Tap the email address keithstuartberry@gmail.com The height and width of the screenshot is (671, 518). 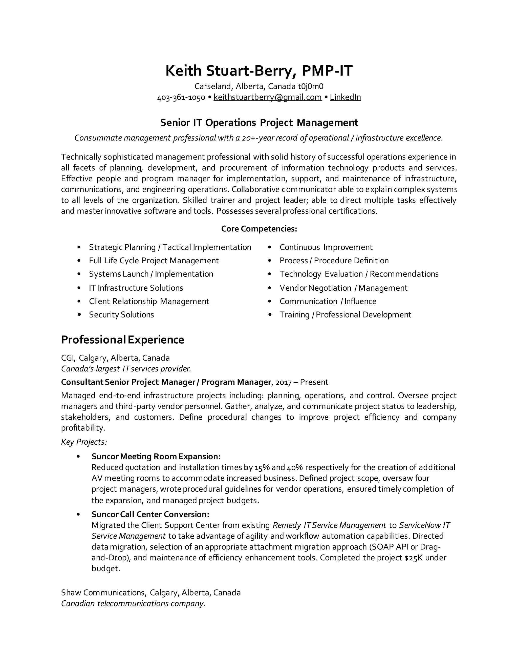click(267, 97)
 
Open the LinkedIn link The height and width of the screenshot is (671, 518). click(345, 97)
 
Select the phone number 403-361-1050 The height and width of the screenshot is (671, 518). click(181, 98)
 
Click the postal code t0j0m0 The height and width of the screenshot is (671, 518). click(311, 86)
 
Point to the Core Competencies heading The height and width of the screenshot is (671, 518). click(259, 229)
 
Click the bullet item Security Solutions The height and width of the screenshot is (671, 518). click(121, 314)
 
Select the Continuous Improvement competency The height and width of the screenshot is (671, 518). click(326, 247)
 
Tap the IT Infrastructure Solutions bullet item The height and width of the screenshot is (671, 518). click(136, 288)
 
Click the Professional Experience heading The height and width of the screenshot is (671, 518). click(122, 340)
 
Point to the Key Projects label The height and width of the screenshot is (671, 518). click(84, 442)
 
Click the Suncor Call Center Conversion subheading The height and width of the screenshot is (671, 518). click(150, 514)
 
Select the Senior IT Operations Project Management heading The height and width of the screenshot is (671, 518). click(259, 123)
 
